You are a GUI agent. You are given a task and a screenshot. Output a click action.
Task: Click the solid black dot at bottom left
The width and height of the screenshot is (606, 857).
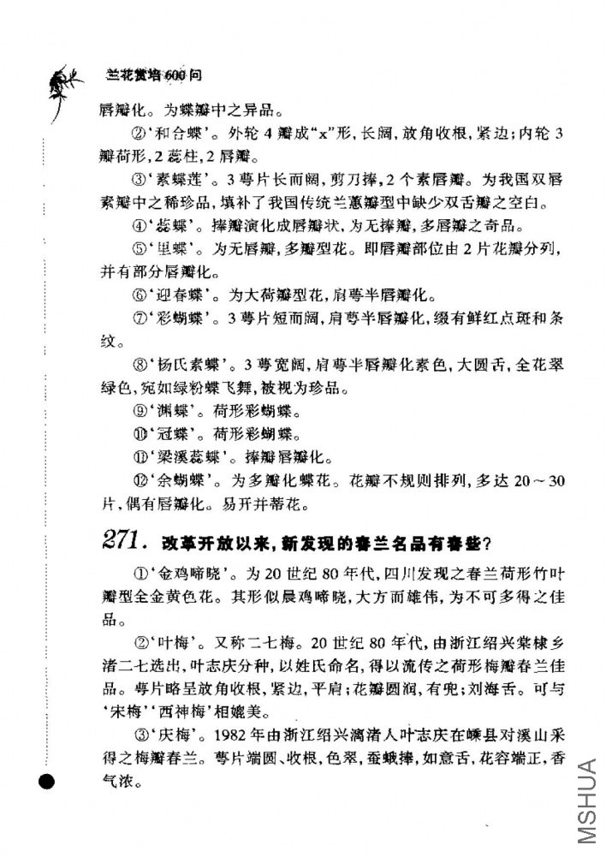[47, 780]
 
